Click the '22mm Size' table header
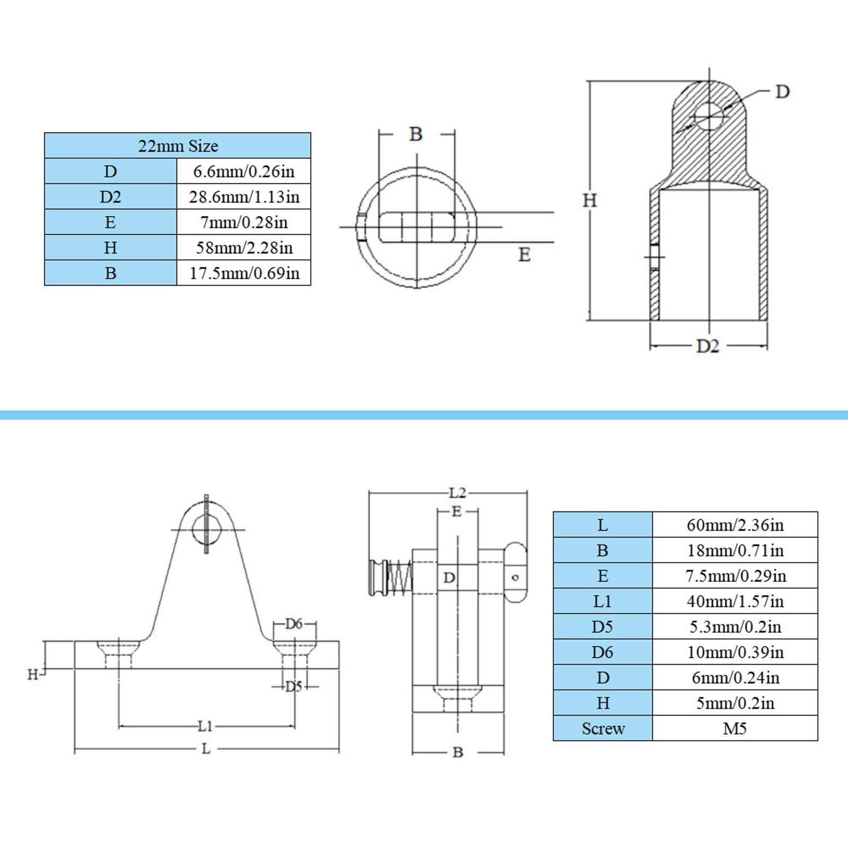pyautogui.click(x=178, y=146)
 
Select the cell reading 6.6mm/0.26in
pyautogui.click(x=244, y=171)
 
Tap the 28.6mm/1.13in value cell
pyautogui.click(x=244, y=197)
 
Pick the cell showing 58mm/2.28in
pyautogui.click(x=244, y=248)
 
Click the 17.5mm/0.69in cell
pyautogui.click(x=244, y=273)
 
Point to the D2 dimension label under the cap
pyautogui.click(x=708, y=346)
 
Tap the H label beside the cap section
pyautogui.click(x=590, y=200)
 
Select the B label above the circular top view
pyautogui.click(x=416, y=134)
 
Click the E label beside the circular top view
pyautogui.click(x=524, y=255)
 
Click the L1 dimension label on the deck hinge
pyautogui.click(x=205, y=726)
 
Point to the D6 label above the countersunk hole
pyautogui.click(x=294, y=624)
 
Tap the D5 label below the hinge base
pyautogui.click(x=294, y=686)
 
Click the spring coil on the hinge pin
pyautogui.click(x=400, y=577)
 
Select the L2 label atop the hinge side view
pyautogui.click(x=457, y=493)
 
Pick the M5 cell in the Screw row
pyautogui.click(x=735, y=728)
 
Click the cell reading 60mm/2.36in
pyautogui.click(x=735, y=525)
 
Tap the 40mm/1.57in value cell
pyautogui.click(x=735, y=601)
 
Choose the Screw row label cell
pyautogui.click(x=603, y=728)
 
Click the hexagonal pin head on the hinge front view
pyautogui.click(x=206, y=529)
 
